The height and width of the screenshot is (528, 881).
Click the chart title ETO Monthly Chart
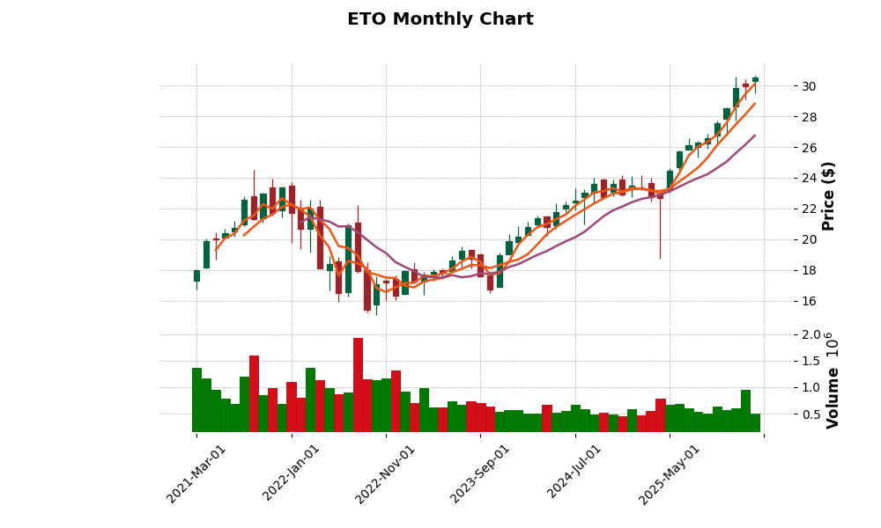pyautogui.click(x=440, y=19)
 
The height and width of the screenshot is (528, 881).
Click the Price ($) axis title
pyautogui.click(x=828, y=195)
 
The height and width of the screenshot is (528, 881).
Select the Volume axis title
pyautogui.click(x=833, y=397)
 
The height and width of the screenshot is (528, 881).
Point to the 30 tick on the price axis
pyautogui.click(x=808, y=86)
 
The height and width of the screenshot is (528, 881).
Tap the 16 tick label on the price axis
pyautogui.click(x=808, y=301)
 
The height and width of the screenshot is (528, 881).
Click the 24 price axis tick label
pyautogui.click(x=808, y=179)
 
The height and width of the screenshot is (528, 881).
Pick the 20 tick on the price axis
pyautogui.click(x=808, y=239)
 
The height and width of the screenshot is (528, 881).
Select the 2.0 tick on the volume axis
pyautogui.click(x=811, y=334)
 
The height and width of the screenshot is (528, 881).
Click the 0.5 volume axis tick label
pyautogui.click(x=811, y=414)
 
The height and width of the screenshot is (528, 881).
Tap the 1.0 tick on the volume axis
pyautogui.click(x=811, y=387)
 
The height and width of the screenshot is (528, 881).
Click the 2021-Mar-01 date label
pyautogui.click(x=196, y=473)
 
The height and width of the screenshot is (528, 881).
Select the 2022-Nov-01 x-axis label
pyautogui.click(x=385, y=473)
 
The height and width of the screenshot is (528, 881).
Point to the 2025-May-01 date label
pyautogui.click(x=670, y=473)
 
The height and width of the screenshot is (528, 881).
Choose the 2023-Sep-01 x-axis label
pyautogui.click(x=480, y=473)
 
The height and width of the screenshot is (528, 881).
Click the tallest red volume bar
pyautogui.click(x=358, y=385)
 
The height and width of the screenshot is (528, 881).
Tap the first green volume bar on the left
pyautogui.click(x=196, y=400)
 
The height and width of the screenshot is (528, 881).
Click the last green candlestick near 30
pyautogui.click(x=755, y=79)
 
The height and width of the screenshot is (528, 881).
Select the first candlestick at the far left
pyautogui.click(x=196, y=275)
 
